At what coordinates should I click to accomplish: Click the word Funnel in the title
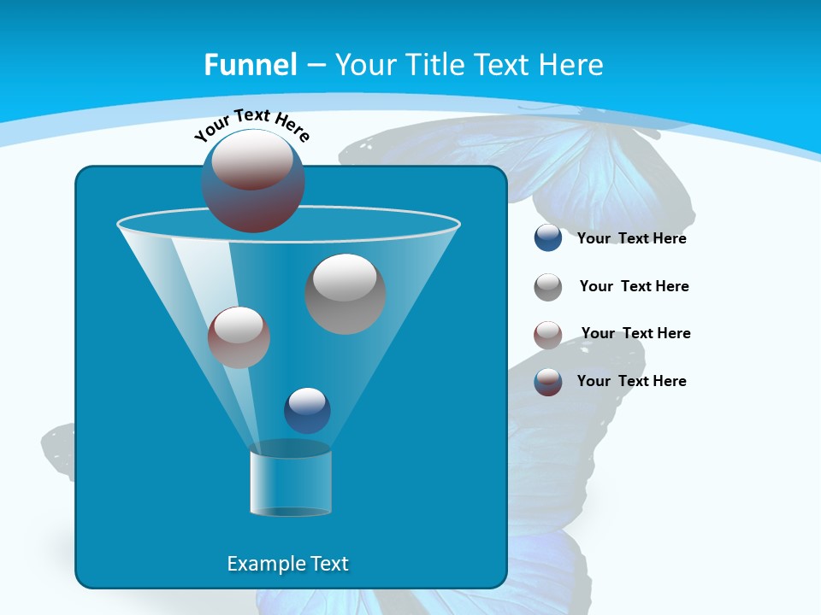pos(250,65)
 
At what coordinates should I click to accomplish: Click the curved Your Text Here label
pos(251,124)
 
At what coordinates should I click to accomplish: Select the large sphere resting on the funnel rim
pos(253,180)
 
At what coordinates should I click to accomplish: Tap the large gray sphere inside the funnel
pos(346,294)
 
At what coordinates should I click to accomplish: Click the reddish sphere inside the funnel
pos(239,337)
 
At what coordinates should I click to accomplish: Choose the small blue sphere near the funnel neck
pos(307,410)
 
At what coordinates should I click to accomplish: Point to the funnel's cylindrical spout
pos(291,480)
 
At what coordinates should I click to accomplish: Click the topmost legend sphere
pos(548,237)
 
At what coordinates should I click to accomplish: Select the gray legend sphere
pos(548,287)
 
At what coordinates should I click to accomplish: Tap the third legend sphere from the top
pos(548,335)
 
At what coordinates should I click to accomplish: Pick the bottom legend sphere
pos(548,382)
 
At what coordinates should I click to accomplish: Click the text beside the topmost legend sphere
pos(631,239)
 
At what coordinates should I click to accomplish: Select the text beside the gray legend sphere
pos(634,286)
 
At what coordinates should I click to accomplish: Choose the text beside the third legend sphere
pos(635,333)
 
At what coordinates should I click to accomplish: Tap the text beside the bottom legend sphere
pos(631,381)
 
